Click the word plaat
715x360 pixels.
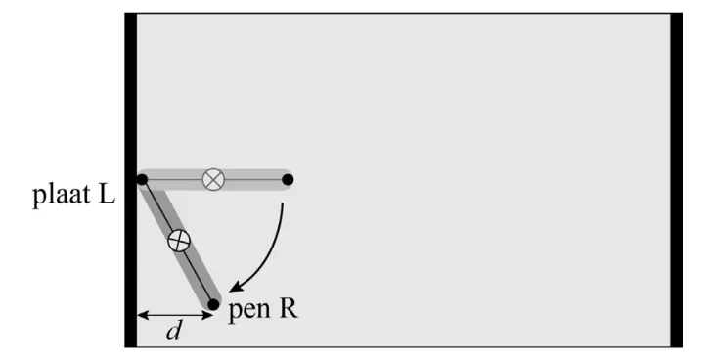pyautogui.click(x=62, y=196)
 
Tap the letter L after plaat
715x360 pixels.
pyautogui.click(x=107, y=194)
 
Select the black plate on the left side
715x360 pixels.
pyautogui.click(x=131, y=180)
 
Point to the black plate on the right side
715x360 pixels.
pyautogui.click(x=676, y=180)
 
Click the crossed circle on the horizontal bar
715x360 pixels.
pyautogui.click(x=213, y=179)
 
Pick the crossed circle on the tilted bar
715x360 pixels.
pyautogui.click(x=179, y=241)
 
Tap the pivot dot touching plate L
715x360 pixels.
pyautogui.click(x=142, y=180)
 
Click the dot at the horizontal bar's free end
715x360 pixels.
pyautogui.click(x=288, y=180)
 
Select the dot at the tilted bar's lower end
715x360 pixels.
pyautogui.click(x=213, y=304)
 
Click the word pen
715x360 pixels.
pyautogui.click(x=249, y=311)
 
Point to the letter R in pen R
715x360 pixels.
pyautogui.click(x=289, y=308)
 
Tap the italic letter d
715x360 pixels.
pyautogui.click(x=174, y=331)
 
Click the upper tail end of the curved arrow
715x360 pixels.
pyautogui.click(x=283, y=203)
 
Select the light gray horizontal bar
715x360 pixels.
pyautogui.click(x=215, y=180)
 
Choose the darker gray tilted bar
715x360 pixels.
pyautogui.click(x=178, y=242)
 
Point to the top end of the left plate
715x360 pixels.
pyautogui.click(x=131, y=14)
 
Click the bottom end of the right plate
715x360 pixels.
pyautogui.click(x=676, y=346)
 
